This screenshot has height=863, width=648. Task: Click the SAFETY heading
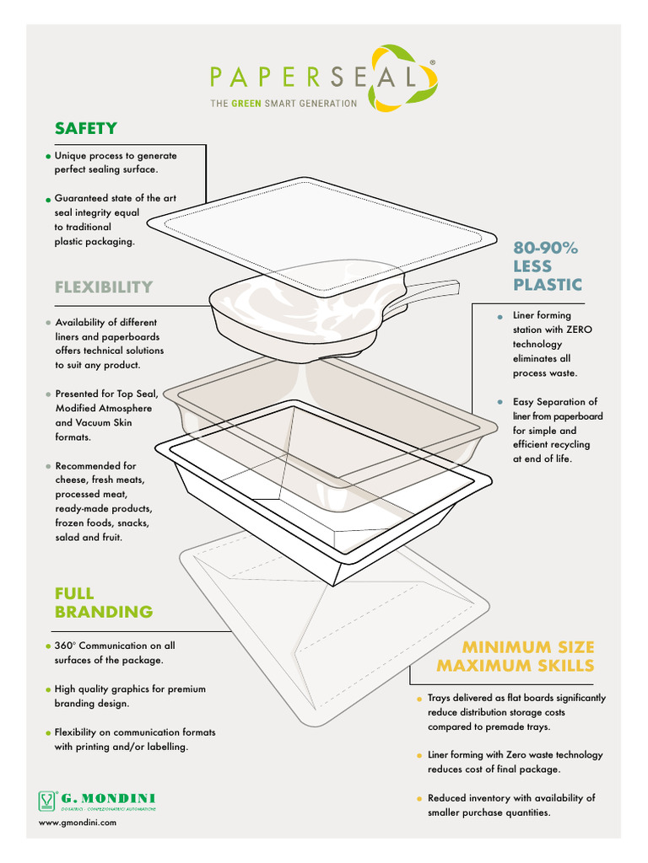85,129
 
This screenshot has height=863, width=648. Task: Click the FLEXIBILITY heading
104,287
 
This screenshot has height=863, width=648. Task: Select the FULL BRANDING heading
103,603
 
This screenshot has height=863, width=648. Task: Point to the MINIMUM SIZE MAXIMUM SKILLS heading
515,657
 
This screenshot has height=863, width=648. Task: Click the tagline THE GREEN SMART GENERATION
283,104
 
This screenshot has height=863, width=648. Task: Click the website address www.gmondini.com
78,823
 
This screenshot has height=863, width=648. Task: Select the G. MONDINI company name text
108,797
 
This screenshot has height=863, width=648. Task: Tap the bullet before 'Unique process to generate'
48,157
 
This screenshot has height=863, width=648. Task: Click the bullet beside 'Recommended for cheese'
48,466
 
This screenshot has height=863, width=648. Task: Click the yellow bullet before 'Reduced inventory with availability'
418,799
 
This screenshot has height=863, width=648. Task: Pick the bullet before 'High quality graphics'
48,689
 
